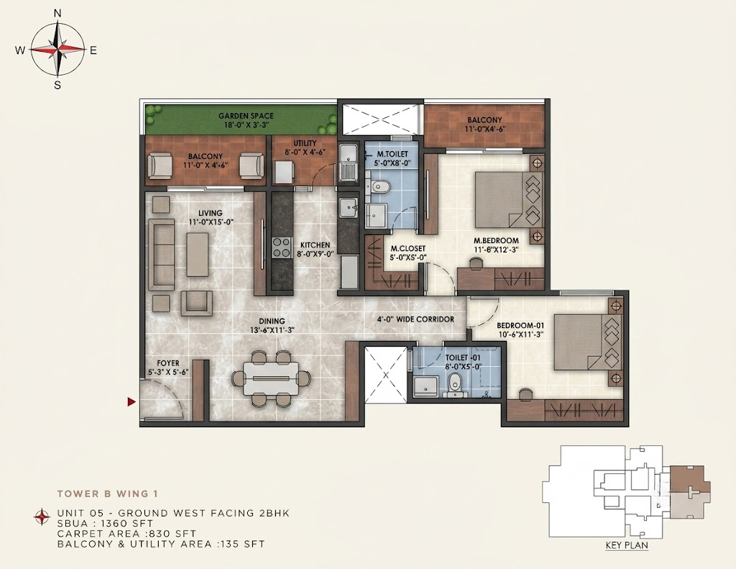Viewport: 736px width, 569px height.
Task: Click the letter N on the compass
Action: click(x=57, y=14)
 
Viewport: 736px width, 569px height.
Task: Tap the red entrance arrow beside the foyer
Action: click(x=132, y=401)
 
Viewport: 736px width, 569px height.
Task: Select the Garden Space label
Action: click(x=246, y=116)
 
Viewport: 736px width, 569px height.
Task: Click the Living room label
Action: click(x=210, y=213)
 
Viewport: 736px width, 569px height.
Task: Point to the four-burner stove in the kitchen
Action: click(x=281, y=247)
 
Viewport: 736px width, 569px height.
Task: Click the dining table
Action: click(x=271, y=378)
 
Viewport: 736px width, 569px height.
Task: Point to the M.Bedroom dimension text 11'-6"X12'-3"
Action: click(x=495, y=250)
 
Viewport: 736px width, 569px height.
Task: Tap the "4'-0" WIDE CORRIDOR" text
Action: click(x=416, y=319)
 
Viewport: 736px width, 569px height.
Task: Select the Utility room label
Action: click(x=305, y=143)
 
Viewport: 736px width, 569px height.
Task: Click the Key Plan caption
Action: click(x=627, y=545)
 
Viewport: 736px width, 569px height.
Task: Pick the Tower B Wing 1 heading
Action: click(x=108, y=493)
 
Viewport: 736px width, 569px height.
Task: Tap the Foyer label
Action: click(x=168, y=363)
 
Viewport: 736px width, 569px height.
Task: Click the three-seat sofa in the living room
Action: click(x=161, y=254)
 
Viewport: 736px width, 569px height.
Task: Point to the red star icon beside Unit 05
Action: click(x=42, y=516)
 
